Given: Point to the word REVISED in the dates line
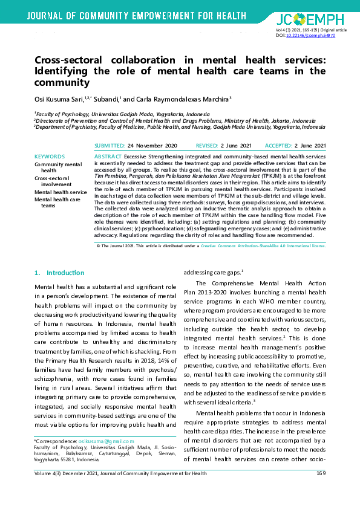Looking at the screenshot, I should tap(207, 146).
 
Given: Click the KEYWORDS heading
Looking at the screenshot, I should tap(50, 157).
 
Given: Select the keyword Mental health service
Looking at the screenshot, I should tap(61, 192).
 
